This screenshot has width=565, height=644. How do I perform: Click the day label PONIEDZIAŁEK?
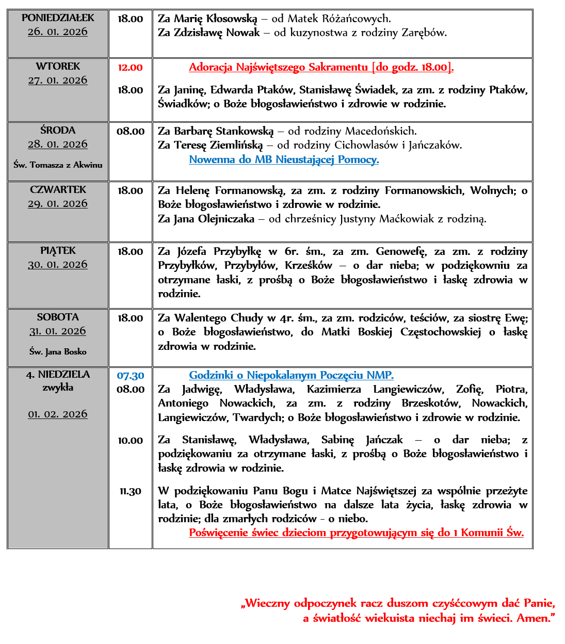pos(58,18)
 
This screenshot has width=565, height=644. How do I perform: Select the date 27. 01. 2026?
pos(58,81)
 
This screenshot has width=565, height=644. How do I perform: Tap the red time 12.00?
pos(130,68)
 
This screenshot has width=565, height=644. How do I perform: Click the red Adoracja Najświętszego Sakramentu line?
pos(321,68)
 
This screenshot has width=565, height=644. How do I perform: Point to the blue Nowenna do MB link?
pos(284,159)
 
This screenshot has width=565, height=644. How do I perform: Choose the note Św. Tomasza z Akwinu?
pos(58,165)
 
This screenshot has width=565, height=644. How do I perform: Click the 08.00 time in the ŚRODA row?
pos(131,132)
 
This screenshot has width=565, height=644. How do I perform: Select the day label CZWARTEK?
pos(58,190)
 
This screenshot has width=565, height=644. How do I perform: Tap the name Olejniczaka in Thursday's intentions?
pos(227,219)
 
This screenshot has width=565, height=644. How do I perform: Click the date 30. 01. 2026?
pos(58,265)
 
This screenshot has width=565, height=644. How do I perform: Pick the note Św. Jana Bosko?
pos(58,352)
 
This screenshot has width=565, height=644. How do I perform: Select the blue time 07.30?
pos(131,376)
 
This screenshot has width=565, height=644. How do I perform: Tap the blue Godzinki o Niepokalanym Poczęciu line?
pos(291,376)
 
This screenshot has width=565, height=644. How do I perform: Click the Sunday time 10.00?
pos(131,441)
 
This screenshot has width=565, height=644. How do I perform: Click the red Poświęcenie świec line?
pos(356,533)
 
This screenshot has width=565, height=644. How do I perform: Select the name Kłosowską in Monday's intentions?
pos(230,19)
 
